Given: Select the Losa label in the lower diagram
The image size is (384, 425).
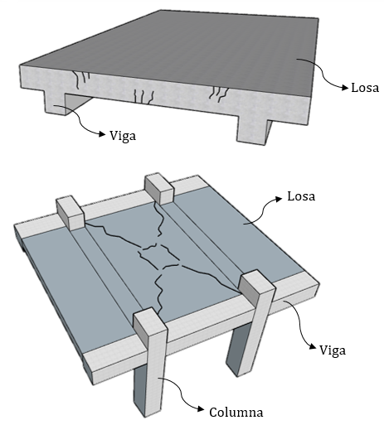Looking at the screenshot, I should click(x=303, y=198).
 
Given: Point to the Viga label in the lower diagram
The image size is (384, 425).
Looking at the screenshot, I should click(x=332, y=350).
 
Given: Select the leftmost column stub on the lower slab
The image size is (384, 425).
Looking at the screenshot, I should click(x=70, y=212).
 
